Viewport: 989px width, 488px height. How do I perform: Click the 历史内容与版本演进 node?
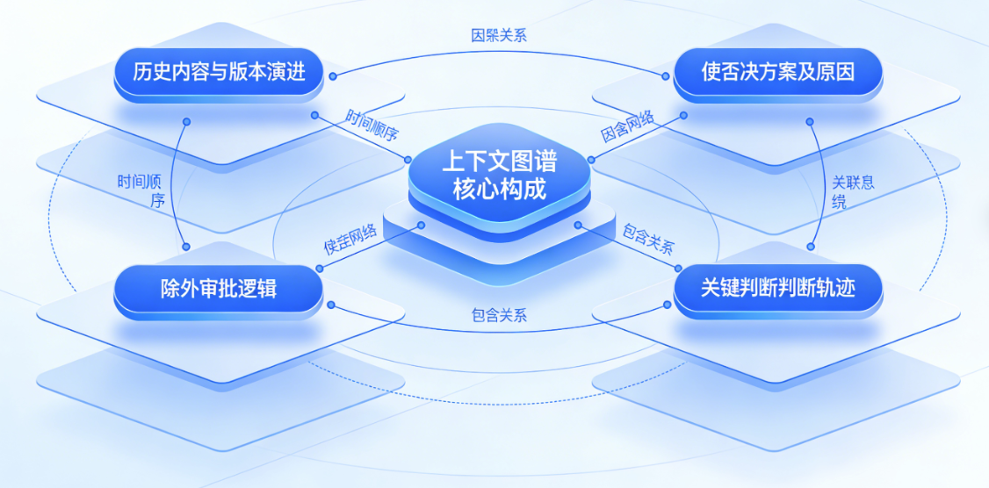[x=219, y=72]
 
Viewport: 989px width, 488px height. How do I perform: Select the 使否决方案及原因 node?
[x=777, y=72]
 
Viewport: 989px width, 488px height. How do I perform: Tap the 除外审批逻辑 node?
[x=219, y=288]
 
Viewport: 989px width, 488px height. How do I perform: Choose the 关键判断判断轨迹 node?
[x=777, y=288]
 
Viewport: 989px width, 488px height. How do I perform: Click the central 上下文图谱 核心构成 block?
[x=498, y=176]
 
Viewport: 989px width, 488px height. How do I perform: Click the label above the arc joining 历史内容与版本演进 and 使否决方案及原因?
[x=498, y=36]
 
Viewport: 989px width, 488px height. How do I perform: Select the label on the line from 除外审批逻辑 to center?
[x=350, y=240]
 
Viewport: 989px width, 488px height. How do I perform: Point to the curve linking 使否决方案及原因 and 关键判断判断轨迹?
[x=824, y=184]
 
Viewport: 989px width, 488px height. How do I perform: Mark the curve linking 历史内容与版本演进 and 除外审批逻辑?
[x=172, y=184]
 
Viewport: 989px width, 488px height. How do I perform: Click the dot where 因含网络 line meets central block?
[x=591, y=160]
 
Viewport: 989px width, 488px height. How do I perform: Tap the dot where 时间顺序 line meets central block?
[x=408, y=159]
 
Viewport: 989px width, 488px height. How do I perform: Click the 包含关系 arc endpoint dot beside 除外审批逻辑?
[x=331, y=305]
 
